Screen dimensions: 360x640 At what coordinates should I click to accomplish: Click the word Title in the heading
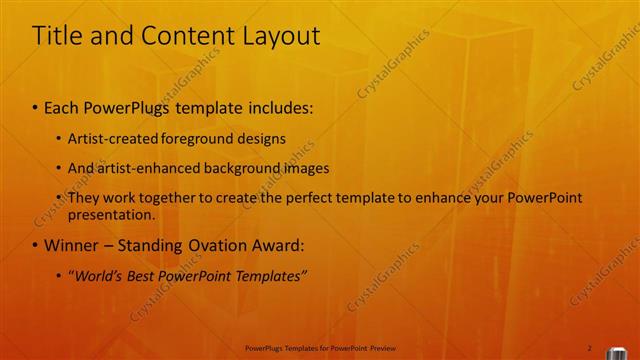point(56,36)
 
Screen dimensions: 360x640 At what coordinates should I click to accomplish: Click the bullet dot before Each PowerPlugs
point(36,106)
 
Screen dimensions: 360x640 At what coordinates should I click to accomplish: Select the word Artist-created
point(108,138)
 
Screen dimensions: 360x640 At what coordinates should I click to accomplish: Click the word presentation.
point(110,214)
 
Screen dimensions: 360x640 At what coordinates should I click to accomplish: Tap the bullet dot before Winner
point(36,245)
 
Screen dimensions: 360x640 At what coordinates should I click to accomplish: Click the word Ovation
point(207,245)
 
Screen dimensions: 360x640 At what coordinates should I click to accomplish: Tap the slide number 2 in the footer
point(589,348)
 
